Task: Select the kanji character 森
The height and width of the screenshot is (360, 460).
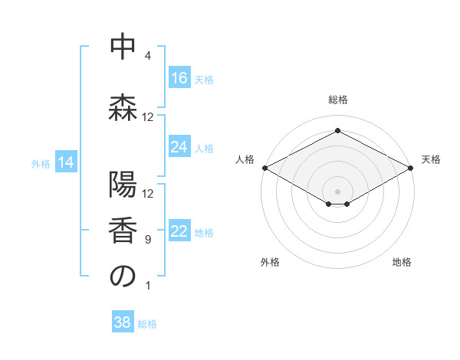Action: [x=123, y=108]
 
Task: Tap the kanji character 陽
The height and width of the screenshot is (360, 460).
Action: [x=123, y=186]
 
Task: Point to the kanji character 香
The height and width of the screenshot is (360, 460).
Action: [x=123, y=232]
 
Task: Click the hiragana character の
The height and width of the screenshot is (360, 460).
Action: [x=123, y=277]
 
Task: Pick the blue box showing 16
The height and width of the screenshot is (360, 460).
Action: [x=179, y=78]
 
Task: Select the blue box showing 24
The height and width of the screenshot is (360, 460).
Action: [x=179, y=147]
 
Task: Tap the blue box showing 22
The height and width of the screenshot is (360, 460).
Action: [x=179, y=232]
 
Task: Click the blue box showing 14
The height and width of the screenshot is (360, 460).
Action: [x=66, y=162]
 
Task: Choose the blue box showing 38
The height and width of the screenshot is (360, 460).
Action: [x=123, y=322]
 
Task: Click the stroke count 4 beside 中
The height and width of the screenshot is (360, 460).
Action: [x=148, y=56]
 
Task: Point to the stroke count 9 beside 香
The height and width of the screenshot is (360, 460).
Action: [x=148, y=240]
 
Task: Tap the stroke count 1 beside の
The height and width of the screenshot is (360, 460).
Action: [x=148, y=286]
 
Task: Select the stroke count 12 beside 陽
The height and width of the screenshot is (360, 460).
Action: [x=148, y=194]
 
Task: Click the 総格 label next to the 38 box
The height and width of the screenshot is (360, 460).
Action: [x=147, y=323]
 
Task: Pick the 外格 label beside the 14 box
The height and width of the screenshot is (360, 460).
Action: [x=41, y=163]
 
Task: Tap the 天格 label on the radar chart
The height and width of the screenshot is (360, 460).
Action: [x=432, y=159]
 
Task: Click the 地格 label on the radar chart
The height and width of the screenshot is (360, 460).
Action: [x=402, y=262]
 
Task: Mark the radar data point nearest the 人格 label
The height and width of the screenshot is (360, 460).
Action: [x=264, y=168]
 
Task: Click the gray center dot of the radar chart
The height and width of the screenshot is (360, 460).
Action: [x=337, y=189]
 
